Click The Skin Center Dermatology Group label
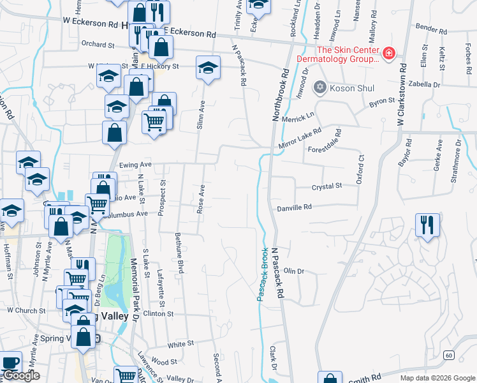348,55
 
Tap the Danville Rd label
294,207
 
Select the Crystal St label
327,186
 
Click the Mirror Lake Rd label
300,140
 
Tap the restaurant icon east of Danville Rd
426,225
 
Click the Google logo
21,375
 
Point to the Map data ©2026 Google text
437,378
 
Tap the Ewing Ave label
136,165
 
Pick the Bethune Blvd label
181,253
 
